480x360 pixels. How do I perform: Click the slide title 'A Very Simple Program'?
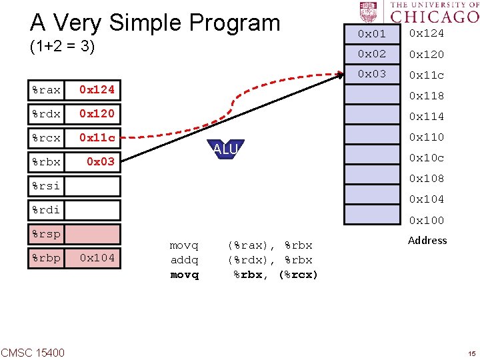[x=155, y=23]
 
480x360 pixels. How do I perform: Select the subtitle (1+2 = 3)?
[x=63, y=47]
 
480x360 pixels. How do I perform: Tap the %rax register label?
[x=46, y=89]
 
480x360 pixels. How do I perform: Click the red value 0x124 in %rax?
[x=97, y=89]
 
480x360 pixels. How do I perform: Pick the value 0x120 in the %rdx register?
[x=97, y=114]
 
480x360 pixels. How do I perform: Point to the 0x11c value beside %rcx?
[x=97, y=138]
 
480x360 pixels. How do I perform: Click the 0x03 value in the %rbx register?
[x=101, y=162]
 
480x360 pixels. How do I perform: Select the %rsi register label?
[x=46, y=186]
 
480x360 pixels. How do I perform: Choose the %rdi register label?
[x=46, y=210]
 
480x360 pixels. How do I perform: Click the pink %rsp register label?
[x=46, y=234]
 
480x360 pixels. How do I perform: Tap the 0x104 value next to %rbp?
[x=97, y=258]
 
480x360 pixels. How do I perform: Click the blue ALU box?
[x=225, y=149]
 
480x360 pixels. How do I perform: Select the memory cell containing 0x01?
[x=372, y=33]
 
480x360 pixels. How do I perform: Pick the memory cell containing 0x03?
[x=372, y=74]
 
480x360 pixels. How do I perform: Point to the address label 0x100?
[x=426, y=220]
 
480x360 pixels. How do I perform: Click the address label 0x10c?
[x=426, y=158]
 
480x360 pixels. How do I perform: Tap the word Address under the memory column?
[x=427, y=240]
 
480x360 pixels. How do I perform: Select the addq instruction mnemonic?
[x=185, y=260]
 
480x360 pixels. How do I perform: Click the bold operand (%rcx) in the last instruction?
[x=297, y=275]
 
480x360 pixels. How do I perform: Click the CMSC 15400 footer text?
[x=33, y=352]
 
